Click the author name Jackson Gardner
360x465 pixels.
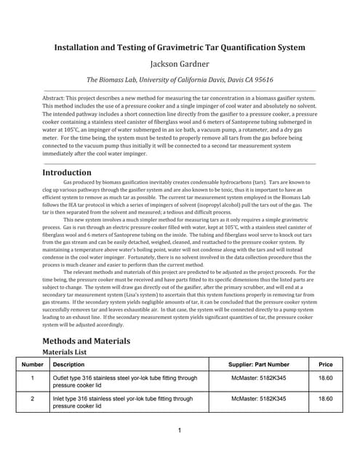[180, 64]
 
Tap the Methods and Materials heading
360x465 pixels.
[87, 341]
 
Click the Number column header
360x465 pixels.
[33, 364]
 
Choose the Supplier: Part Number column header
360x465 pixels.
[258, 364]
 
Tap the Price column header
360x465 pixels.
[325, 364]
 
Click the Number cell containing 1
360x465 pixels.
[33, 379]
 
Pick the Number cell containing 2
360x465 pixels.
[33, 399]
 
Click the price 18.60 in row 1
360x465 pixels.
[325, 379]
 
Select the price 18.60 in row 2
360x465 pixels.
[325, 399]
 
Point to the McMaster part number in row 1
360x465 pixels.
[258, 379]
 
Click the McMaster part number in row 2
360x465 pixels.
[258, 399]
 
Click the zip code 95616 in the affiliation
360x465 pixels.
[259, 80]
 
